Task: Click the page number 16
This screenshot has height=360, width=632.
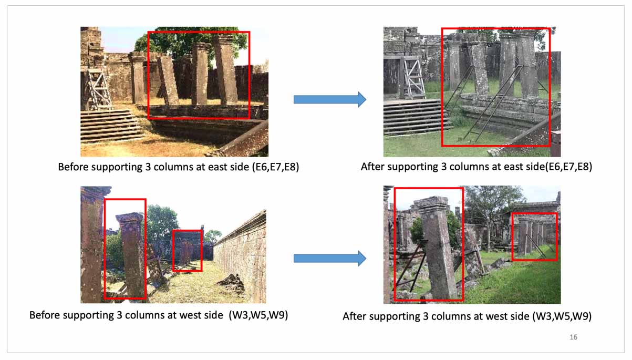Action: tap(573, 337)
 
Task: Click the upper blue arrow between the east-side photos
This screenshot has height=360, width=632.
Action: tap(330, 99)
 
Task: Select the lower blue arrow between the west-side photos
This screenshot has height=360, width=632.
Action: tap(330, 259)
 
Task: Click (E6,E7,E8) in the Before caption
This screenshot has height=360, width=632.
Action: tap(275, 167)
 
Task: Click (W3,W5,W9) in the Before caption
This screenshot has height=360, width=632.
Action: tap(258, 315)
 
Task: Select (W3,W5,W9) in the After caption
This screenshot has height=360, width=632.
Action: tap(562, 316)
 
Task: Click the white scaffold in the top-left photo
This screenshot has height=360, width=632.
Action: tap(98, 88)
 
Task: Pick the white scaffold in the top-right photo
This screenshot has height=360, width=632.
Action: tap(413, 77)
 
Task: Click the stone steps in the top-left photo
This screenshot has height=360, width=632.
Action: tap(111, 126)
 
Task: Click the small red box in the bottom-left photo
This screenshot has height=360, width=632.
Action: tap(188, 251)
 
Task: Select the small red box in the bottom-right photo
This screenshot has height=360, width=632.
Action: tap(535, 236)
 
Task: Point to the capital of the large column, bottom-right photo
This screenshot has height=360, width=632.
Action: tap(431, 203)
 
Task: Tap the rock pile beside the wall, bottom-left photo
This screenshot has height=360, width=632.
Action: tap(232, 282)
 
